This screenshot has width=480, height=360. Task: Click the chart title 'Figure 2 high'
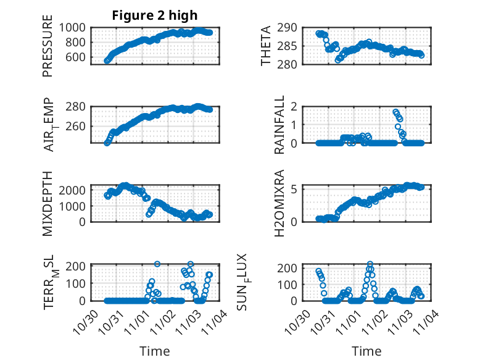[154, 15]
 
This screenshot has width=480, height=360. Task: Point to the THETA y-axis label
[266, 46]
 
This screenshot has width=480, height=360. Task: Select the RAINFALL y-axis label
[279, 125]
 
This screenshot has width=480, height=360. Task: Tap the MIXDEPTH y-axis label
[48, 203]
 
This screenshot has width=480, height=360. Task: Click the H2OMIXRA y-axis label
[279, 203]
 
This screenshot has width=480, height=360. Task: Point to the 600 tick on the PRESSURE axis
[79, 57]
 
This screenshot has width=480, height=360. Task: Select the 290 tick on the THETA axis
[292, 27]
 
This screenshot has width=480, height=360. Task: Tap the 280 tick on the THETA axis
[292, 64]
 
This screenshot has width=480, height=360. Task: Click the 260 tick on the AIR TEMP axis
[79, 126]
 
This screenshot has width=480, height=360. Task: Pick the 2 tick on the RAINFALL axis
[300, 106]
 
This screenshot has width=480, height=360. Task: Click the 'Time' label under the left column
[154, 351]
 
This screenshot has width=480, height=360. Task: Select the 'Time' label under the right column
[366, 351]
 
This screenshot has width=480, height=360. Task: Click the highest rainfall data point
[395, 112]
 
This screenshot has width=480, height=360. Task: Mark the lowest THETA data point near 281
[337, 60]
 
